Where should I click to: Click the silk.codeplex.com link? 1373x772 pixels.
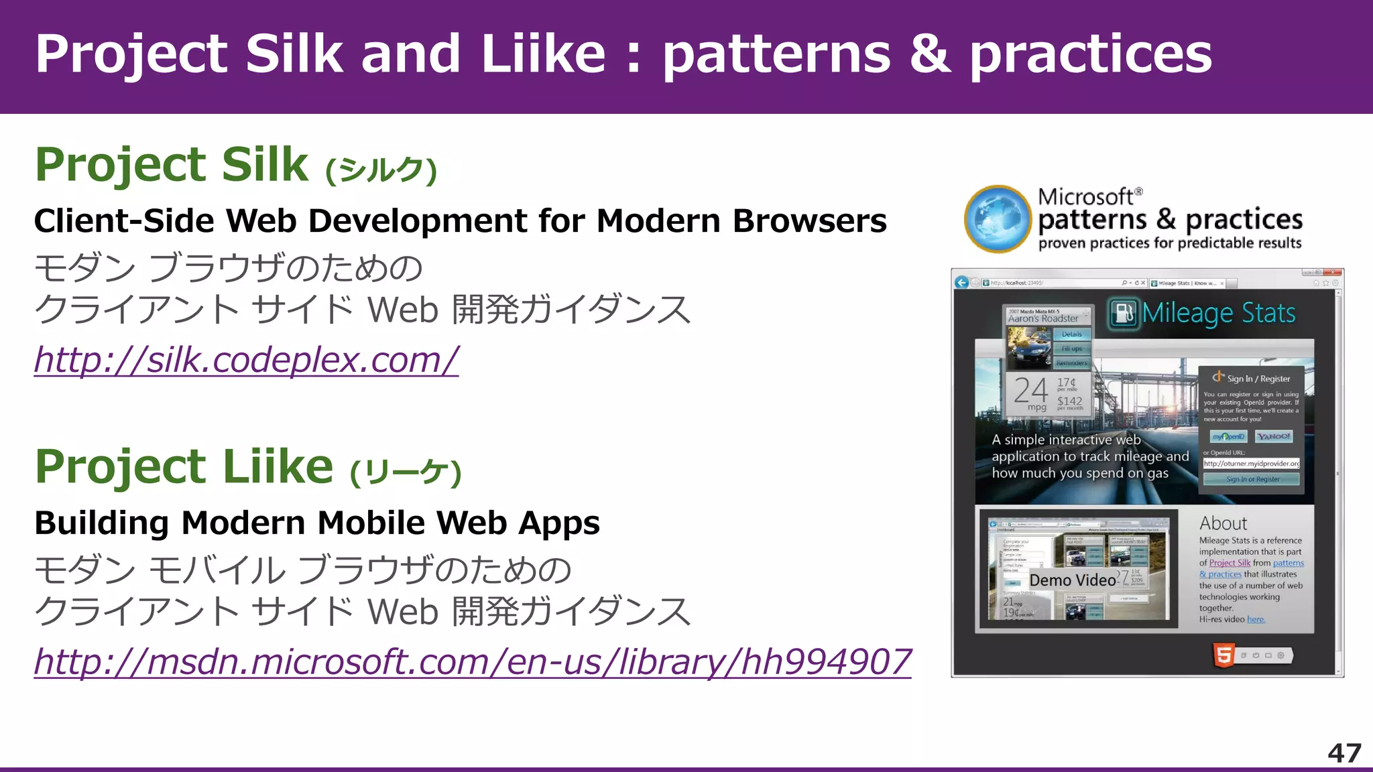[246, 360]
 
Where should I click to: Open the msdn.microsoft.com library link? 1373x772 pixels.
[473, 661]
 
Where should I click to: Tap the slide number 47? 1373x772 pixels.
[1344, 753]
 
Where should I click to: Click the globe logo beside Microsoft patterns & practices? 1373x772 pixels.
[998, 219]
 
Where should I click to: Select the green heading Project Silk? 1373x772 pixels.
[172, 165]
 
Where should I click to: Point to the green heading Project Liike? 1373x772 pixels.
[184, 466]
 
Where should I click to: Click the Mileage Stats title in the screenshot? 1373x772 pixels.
[1218, 313]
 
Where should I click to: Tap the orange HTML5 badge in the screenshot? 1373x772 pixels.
[1223, 655]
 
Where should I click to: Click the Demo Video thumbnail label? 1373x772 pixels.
[1073, 580]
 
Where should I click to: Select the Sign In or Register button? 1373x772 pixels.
[1252, 479]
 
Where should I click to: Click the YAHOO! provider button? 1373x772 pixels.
[1273, 437]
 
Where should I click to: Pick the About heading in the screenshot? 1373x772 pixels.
[1223, 523]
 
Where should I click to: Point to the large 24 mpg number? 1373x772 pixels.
[1030, 391]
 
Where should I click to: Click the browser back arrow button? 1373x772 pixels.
[962, 282]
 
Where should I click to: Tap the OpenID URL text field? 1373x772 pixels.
[1251, 464]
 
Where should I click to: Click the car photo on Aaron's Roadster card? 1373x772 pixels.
[1030, 346]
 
